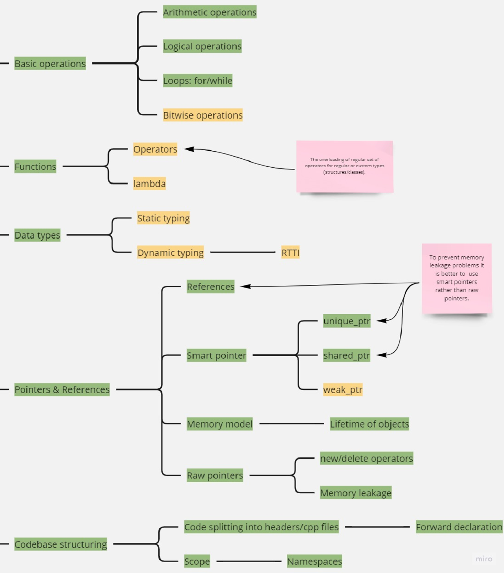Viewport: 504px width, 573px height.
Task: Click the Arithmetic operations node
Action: [x=210, y=12]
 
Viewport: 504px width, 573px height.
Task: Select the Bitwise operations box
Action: [x=203, y=115]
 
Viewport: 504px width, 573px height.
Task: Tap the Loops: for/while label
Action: [x=197, y=81]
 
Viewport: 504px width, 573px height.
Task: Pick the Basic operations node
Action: [x=50, y=63]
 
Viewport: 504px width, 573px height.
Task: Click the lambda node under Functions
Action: [x=150, y=184]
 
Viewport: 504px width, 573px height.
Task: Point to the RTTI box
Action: [x=290, y=252]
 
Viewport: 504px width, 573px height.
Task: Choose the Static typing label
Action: [x=163, y=218]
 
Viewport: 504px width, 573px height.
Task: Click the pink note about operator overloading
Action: [x=344, y=166]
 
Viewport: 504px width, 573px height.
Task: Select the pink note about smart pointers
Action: [x=457, y=278]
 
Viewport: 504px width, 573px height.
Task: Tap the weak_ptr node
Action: [x=343, y=390]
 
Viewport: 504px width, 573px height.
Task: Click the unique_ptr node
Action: [x=347, y=321]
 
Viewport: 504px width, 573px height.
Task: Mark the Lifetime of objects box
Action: [x=369, y=424]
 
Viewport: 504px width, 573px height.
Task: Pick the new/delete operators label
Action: [x=367, y=458]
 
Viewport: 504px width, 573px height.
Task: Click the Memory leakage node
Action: [x=356, y=493]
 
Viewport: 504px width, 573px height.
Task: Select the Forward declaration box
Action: [x=459, y=527]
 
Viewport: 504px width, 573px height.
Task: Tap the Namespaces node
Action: [x=315, y=561]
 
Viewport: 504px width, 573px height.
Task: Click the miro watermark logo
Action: [x=484, y=559]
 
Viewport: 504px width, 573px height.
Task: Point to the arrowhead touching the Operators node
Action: [x=189, y=149]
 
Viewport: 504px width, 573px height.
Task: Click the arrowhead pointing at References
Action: [x=245, y=286]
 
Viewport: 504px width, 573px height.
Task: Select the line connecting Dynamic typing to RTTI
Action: [x=243, y=252]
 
